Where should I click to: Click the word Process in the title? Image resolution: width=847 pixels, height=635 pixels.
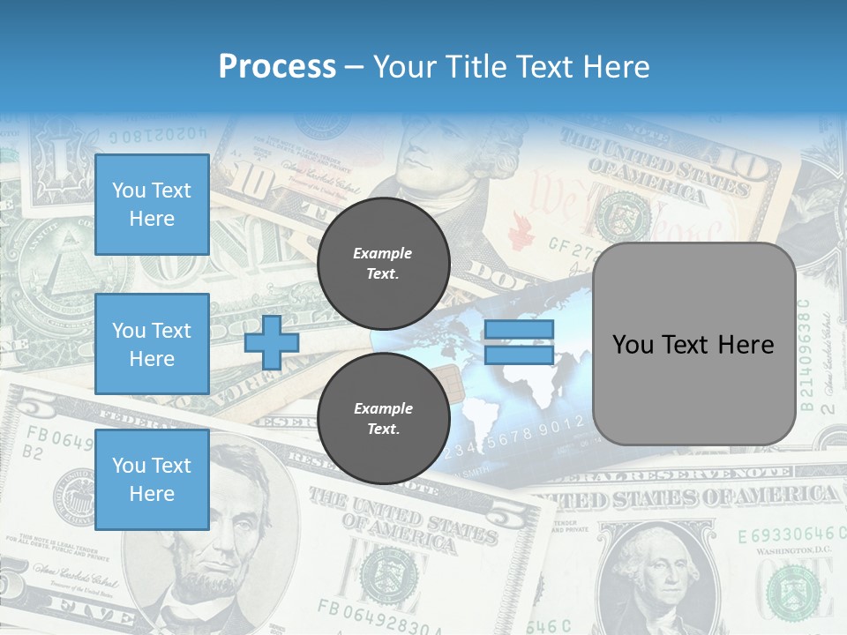[277, 67]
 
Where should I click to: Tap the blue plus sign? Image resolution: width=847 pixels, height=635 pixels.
[272, 342]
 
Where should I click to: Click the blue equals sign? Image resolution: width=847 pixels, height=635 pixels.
[519, 342]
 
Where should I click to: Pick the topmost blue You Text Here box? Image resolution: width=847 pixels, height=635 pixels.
[152, 205]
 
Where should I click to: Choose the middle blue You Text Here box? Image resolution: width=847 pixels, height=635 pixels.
[152, 344]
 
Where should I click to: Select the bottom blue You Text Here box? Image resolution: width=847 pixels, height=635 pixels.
[152, 480]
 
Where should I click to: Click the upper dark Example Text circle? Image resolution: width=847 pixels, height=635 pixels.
[383, 263]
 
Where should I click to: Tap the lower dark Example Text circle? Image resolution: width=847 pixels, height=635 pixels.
[383, 418]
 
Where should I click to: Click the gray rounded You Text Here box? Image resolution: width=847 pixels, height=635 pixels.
[693, 344]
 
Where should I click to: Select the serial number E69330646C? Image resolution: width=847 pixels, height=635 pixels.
[785, 535]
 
